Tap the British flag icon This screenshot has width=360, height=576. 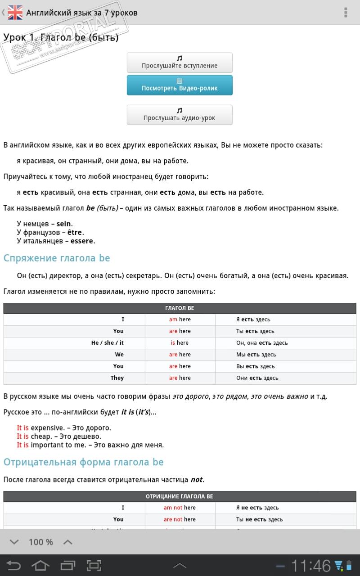[15, 13]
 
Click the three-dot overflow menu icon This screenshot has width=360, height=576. [346, 13]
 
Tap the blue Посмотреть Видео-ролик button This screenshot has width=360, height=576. [180, 85]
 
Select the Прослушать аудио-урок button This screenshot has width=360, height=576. [180, 115]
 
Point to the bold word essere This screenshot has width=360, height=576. [81, 241]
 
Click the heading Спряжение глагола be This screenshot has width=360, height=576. [57, 258]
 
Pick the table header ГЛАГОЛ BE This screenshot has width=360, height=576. [180, 308]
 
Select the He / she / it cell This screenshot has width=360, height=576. [108, 343]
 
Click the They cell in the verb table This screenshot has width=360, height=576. [117, 378]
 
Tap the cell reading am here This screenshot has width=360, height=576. [180, 319]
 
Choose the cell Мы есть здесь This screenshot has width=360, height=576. [256, 355]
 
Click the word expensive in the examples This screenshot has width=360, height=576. [45, 428]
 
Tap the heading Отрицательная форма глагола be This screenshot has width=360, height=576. [83, 462]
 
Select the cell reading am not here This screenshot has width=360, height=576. [180, 508]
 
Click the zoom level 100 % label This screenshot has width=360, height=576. [40, 542]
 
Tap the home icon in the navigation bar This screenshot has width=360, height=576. [40, 565]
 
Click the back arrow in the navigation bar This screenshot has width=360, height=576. [13, 565]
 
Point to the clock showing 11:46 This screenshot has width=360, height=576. [310, 566]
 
